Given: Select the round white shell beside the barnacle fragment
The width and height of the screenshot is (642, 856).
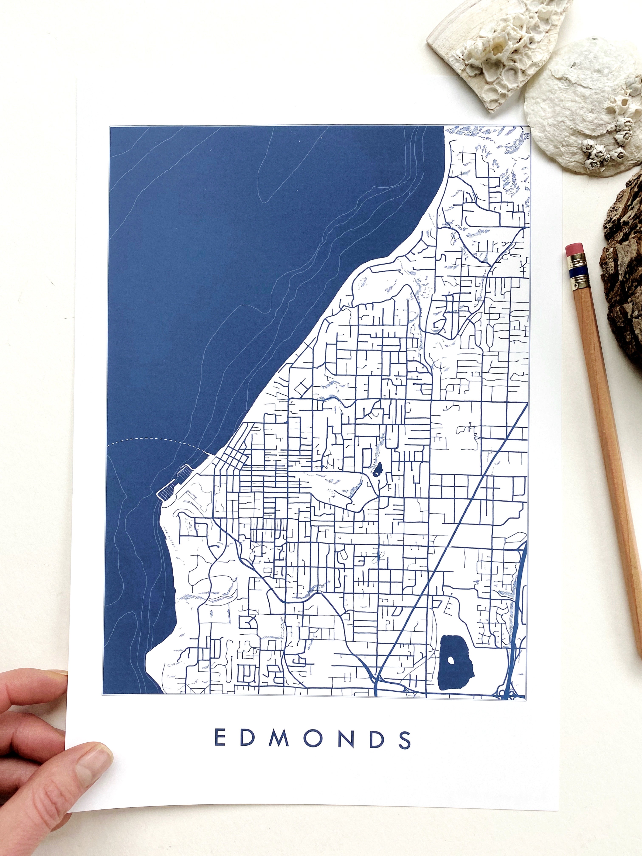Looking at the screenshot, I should click(x=580, y=104).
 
